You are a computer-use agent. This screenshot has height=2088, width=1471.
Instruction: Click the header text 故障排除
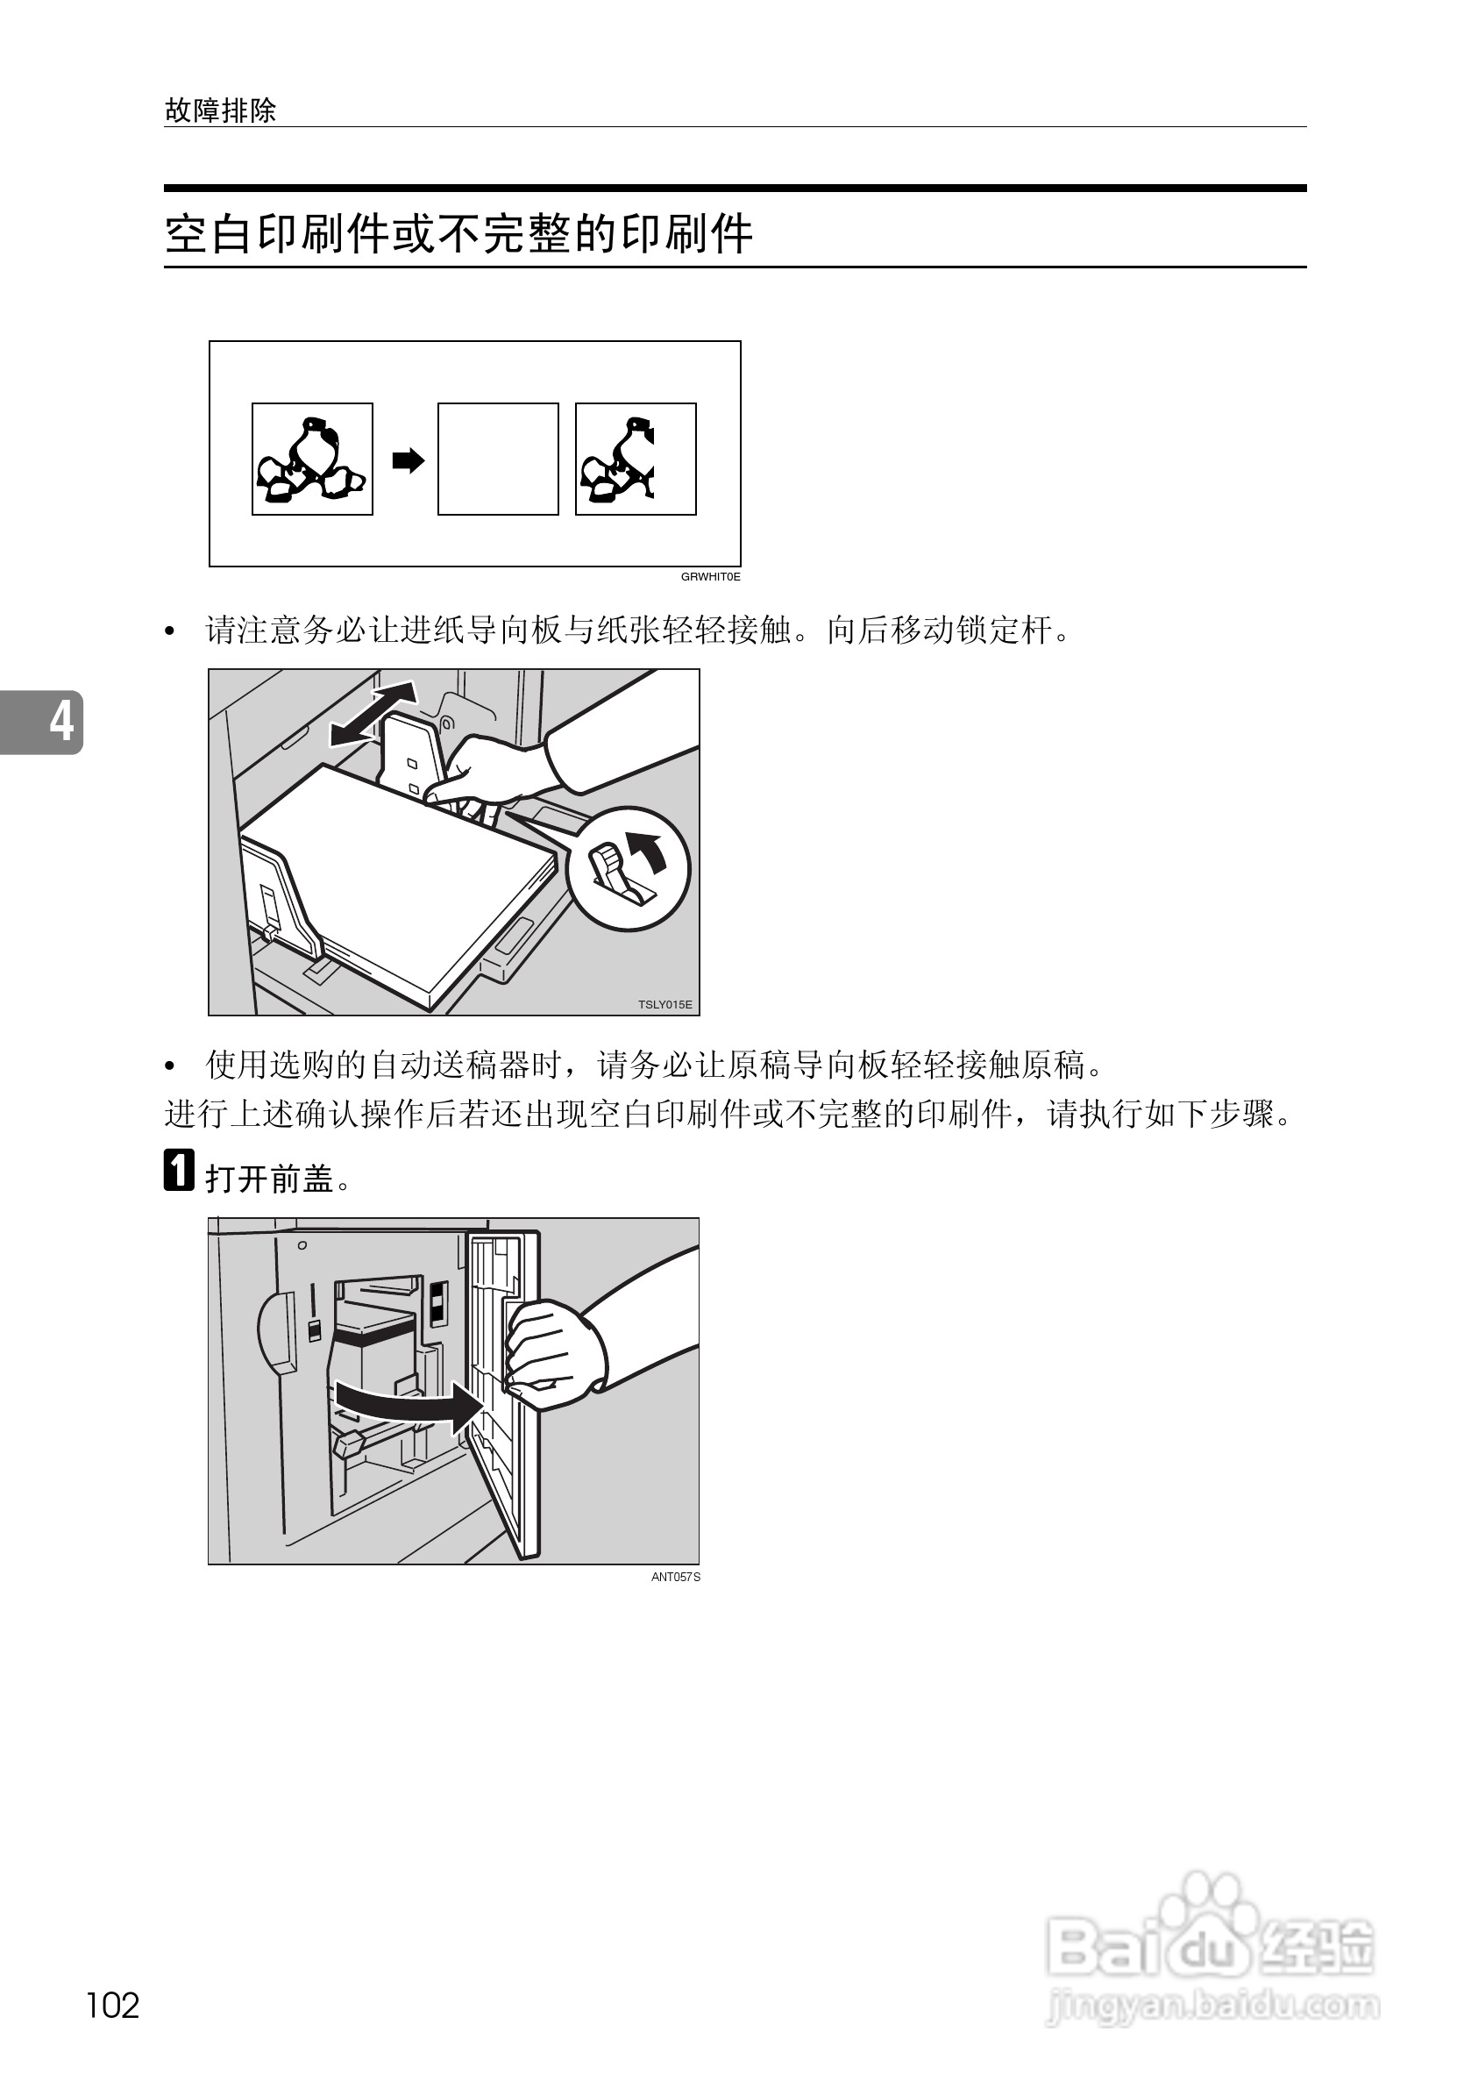coord(220,111)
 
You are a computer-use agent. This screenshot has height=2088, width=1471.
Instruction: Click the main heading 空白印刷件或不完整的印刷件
coord(458,234)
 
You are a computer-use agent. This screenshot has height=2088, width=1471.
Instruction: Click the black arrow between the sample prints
coord(409,460)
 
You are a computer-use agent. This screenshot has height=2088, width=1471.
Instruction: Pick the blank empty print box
coord(497,459)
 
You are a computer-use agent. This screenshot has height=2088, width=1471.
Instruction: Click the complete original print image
coord(312,459)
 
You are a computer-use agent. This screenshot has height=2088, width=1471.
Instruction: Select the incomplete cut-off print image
coord(635,459)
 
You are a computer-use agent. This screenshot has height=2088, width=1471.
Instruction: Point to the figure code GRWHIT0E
coord(710,576)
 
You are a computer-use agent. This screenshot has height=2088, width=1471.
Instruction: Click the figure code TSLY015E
coord(664,1004)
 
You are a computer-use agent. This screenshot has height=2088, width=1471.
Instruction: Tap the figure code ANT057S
coord(676,1577)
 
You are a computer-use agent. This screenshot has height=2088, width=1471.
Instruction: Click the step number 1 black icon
coord(179,1171)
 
